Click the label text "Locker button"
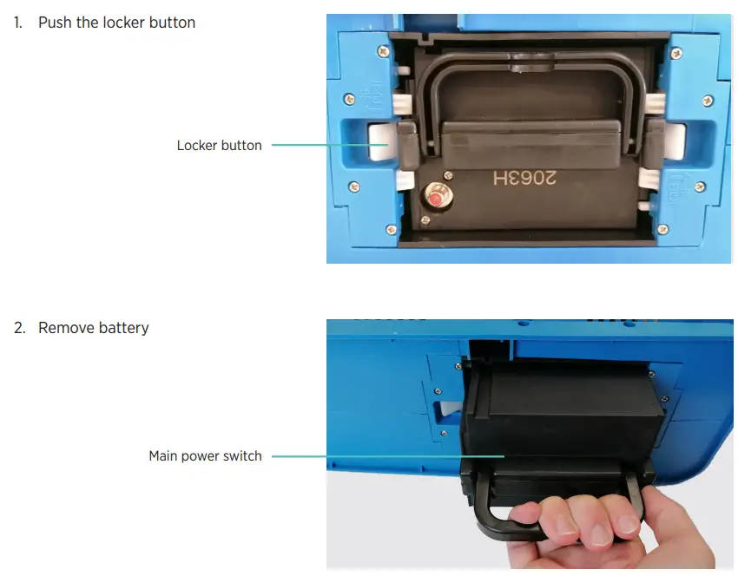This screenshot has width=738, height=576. [x=219, y=146]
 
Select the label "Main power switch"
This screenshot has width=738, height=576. [x=205, y=456]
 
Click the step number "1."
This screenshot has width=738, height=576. [x=18, y=23]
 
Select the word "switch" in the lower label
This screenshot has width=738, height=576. [x=243, y=456]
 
